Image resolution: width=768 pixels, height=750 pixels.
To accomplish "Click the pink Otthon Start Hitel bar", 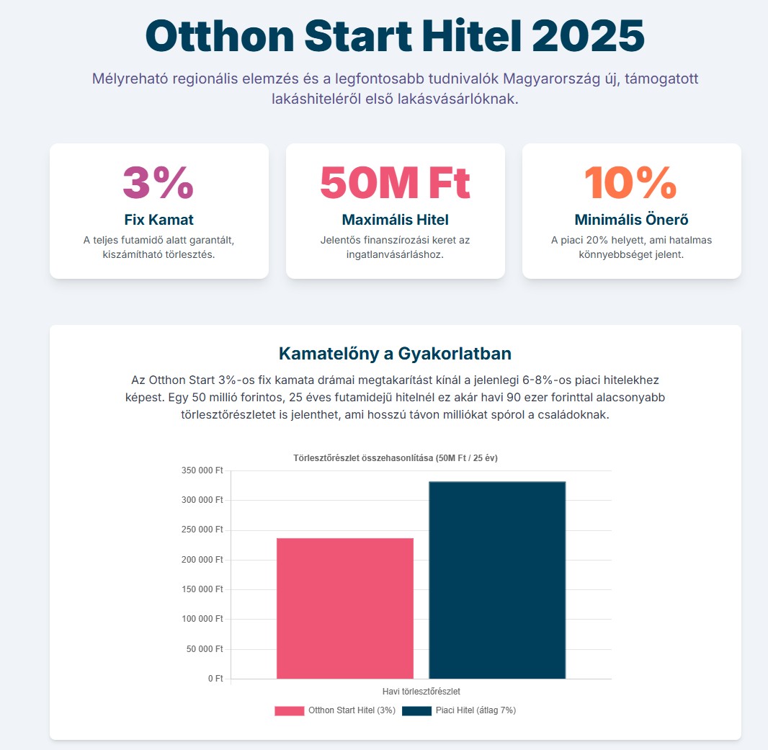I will (x=344, y=608).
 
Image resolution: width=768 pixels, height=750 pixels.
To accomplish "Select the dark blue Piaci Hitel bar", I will (x=497, y=580).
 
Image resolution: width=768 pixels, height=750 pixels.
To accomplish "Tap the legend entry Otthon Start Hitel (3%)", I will (x=335, y=710).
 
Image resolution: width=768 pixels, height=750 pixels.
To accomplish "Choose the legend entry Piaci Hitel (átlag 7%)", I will (x=459, y=710).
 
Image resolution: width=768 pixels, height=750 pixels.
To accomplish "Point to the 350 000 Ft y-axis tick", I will (x=203, y=470).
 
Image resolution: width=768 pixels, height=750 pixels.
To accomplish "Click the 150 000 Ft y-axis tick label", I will (x=203, y=589).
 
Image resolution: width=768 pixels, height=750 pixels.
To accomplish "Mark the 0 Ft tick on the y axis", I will (x=215, y=679).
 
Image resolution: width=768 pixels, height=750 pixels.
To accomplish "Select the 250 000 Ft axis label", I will (x=203, y=530).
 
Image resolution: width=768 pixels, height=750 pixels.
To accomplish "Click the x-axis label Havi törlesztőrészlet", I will (x=421, y=692).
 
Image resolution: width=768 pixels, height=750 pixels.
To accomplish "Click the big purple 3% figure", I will (x=158, y=183).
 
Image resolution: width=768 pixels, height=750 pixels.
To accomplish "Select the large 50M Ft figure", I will (x=395, y=183).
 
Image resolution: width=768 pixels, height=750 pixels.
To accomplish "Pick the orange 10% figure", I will (x=630, y=183).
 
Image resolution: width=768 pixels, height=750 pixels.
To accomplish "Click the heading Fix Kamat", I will (x=158, y=220).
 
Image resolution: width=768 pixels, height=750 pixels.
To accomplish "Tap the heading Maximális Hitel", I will (x=395, y=220).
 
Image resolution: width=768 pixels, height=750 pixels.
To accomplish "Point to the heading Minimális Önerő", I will (x=630, y=220).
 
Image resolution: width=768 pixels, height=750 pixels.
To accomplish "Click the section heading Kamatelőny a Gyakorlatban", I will (x=395, y=354).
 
